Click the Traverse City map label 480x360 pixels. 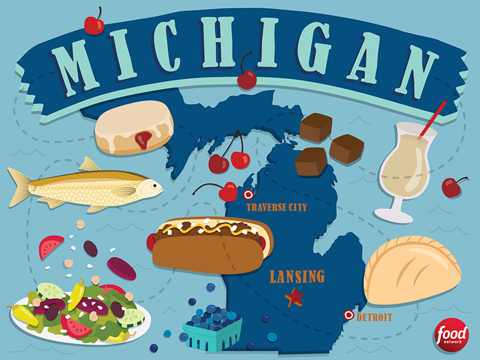tap(276, 208)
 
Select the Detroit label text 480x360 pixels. tap(374, 317)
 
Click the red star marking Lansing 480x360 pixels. tap(295, 297)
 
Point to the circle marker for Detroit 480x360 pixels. tap(348, 315)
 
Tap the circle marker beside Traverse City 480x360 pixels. tap(247, 195)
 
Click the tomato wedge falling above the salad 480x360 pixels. tap(51, 246)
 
